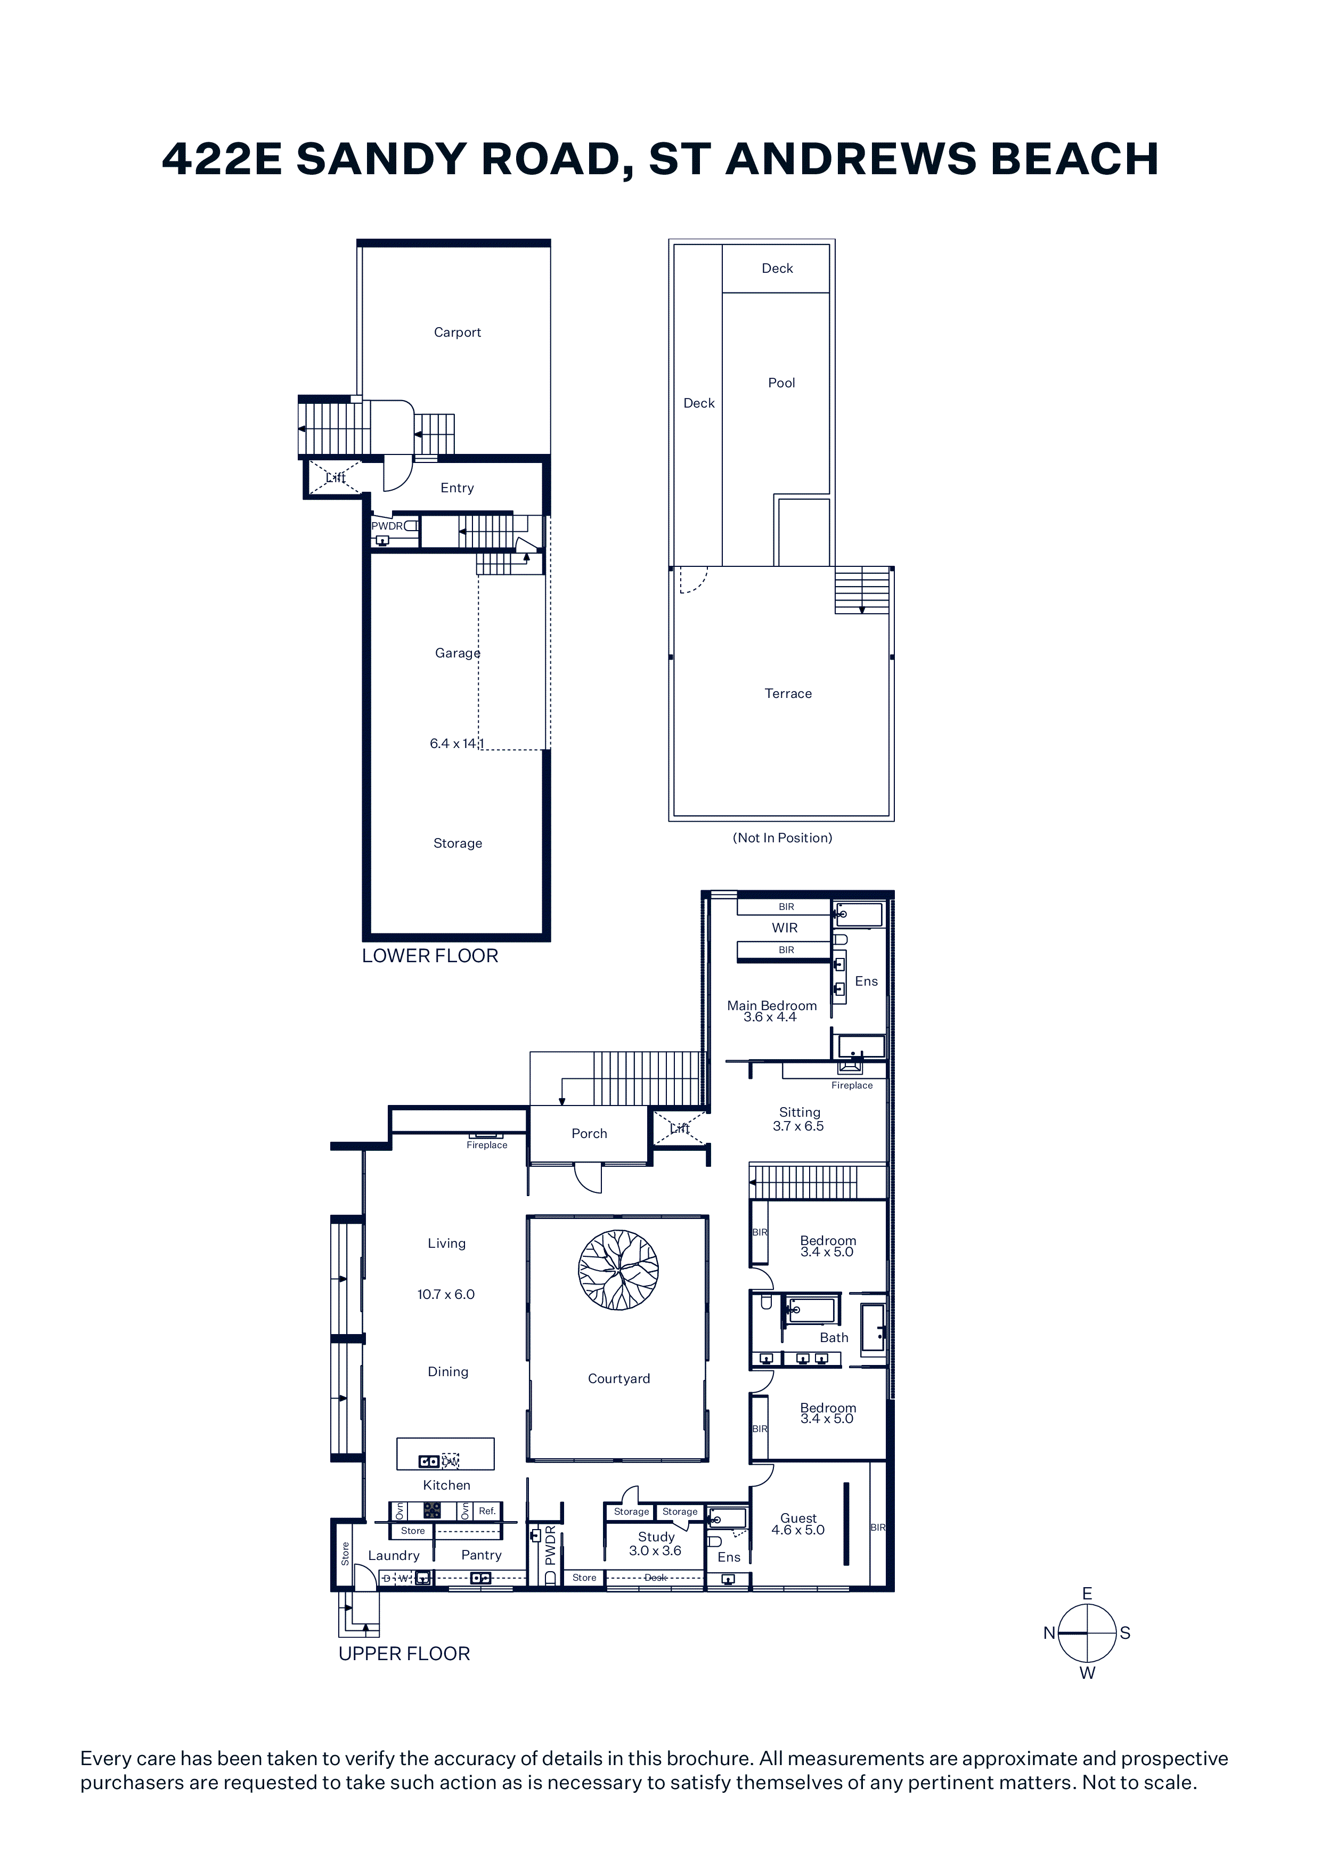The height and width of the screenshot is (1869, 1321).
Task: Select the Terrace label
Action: click(788, 694)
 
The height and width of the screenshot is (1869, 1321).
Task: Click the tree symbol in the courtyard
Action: click(618, 1270)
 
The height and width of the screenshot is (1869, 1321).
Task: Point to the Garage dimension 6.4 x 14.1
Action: click(456, 743)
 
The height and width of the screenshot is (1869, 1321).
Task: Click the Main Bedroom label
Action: click(772, 1005)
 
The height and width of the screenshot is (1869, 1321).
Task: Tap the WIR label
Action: click(785, 928)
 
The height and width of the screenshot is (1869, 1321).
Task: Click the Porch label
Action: click(589, 1133)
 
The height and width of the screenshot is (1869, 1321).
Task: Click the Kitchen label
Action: click(447, 1485)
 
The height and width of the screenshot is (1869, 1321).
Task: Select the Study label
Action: click(656, 1537)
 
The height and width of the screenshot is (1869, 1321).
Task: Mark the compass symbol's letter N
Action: click(1049, 1633)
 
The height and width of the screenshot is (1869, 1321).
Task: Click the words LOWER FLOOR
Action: click(430, 956)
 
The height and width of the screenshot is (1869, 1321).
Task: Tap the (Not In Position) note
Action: click(782, 838)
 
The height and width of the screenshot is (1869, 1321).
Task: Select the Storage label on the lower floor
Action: click(458, 843)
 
